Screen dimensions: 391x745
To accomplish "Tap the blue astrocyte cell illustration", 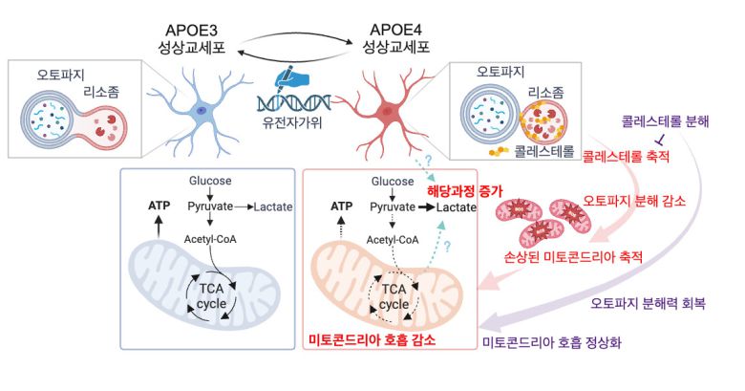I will (202, 111).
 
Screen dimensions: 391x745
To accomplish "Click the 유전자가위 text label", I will (294, 122).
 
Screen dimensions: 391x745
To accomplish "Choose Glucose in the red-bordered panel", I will (392, 181).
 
